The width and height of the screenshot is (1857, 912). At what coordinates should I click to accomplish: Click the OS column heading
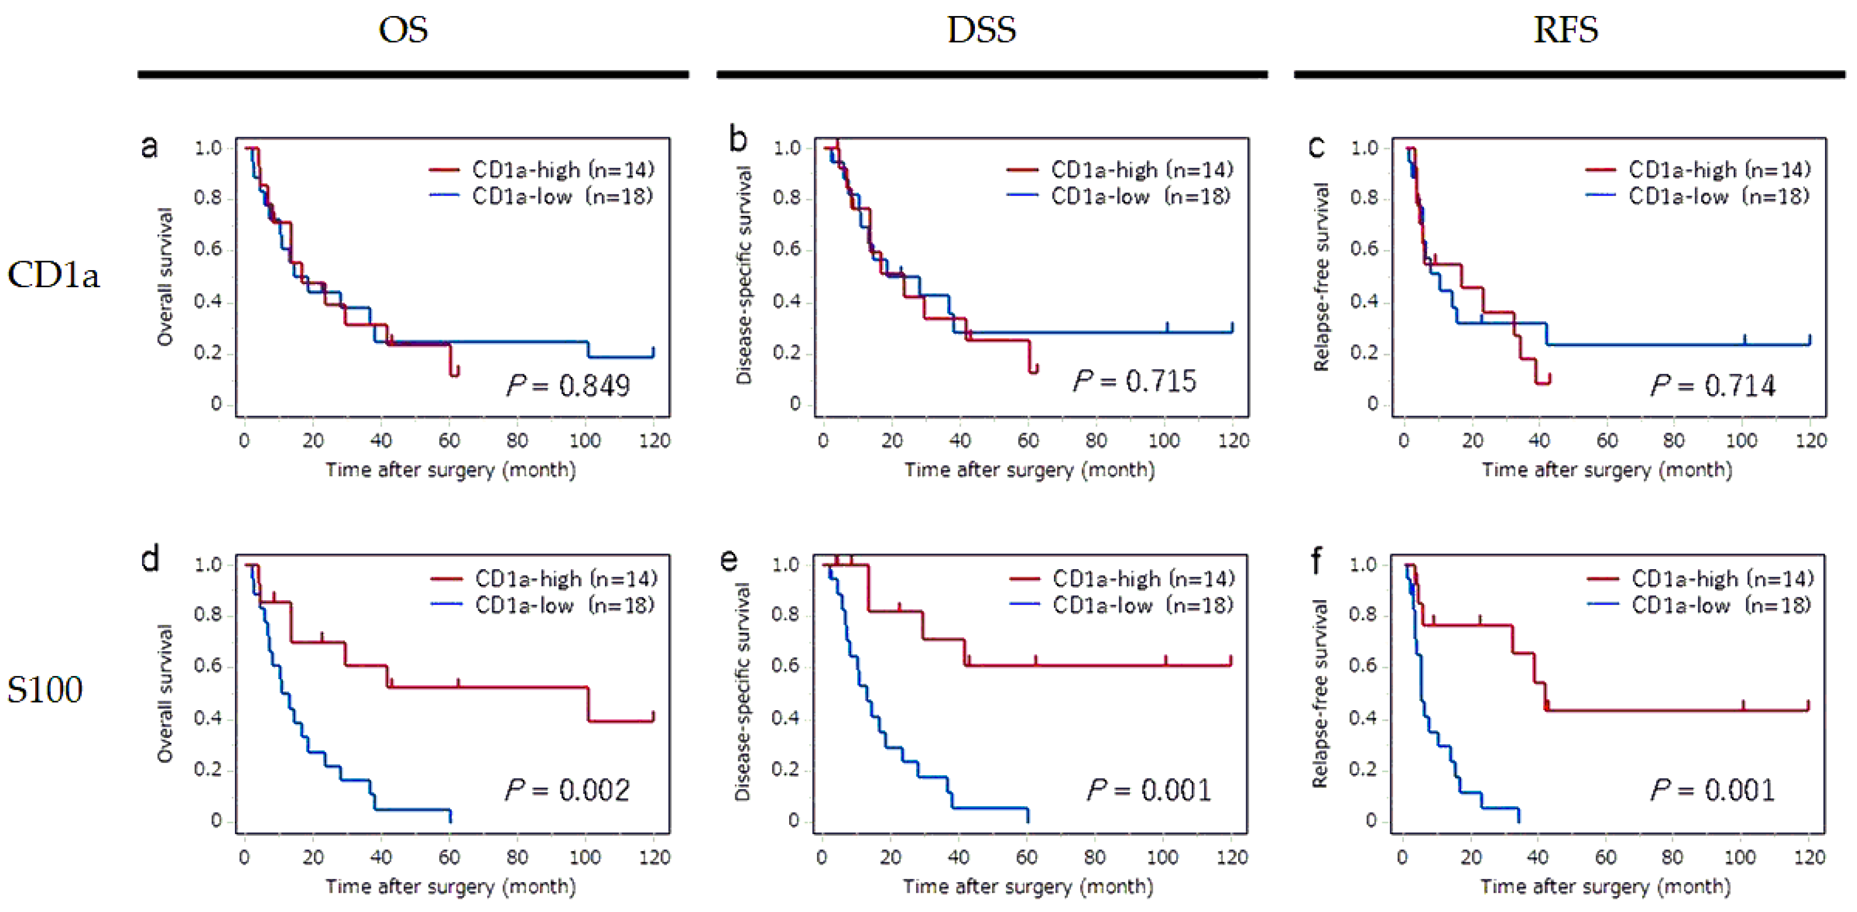403,30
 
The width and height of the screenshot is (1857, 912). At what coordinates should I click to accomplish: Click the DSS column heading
981,30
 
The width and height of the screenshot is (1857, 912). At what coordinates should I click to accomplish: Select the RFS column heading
1566,30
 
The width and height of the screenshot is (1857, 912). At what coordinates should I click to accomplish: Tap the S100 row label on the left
45,690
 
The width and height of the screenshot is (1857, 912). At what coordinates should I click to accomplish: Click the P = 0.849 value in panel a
568,386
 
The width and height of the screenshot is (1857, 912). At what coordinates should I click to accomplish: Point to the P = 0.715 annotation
1135,381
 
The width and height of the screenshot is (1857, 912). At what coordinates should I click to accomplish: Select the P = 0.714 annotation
1713,386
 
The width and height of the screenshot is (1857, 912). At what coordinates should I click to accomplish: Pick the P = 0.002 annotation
568,790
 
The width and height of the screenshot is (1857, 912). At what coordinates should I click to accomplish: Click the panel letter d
150,559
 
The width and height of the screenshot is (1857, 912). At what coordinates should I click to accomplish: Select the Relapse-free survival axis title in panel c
1320,277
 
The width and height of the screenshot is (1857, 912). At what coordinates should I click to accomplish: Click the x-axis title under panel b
1029,470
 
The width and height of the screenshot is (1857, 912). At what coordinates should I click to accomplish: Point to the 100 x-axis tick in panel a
585,441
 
